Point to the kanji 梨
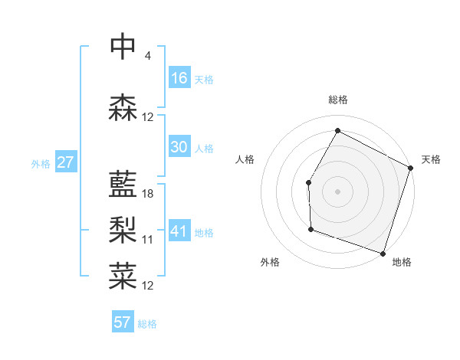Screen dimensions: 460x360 [123, 229]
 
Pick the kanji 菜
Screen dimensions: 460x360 [123, 275]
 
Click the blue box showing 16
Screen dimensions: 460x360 [179, 78]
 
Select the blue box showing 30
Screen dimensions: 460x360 [179, 147]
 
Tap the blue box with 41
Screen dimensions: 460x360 [179, 231]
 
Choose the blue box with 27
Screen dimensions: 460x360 [65, 162]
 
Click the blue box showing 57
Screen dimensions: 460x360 [123, 322]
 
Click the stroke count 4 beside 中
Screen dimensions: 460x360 [148, 56]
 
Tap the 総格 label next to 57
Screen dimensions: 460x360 [148, 324]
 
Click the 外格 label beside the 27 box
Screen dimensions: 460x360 [41, 164]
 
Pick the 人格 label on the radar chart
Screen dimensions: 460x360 [245, 159]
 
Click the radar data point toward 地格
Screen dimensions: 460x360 [383, 253]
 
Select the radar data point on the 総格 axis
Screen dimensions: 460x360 [337, 130]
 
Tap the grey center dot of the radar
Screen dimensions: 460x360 [337, 191]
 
